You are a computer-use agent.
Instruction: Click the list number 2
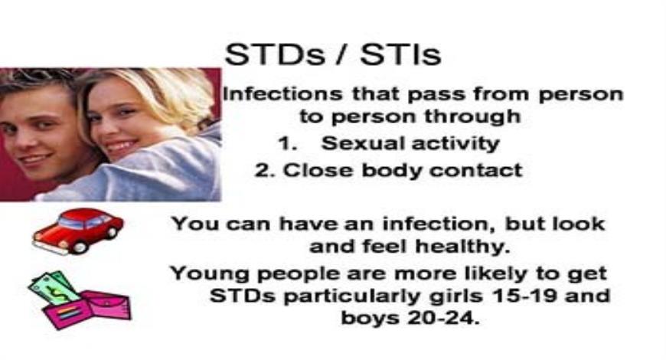pos(264,170)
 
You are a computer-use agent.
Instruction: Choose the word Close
pos(314,170)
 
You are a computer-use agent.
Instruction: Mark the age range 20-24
pos(445,318)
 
